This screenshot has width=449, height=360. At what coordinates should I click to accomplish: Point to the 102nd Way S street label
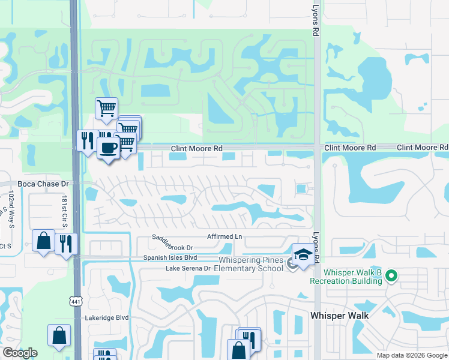11,210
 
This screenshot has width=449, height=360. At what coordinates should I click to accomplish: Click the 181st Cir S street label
64,211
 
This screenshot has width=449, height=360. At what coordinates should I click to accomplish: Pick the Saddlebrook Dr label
172,247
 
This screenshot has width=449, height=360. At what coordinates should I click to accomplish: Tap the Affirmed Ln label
224,237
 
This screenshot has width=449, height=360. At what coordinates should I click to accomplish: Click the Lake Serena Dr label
188,268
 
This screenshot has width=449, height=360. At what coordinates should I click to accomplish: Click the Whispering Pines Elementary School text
250,264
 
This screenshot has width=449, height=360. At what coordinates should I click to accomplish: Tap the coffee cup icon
108,147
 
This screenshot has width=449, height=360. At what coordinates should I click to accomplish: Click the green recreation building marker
391,277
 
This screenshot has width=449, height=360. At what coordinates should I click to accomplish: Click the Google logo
20,353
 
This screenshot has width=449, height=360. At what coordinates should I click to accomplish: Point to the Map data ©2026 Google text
412,355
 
